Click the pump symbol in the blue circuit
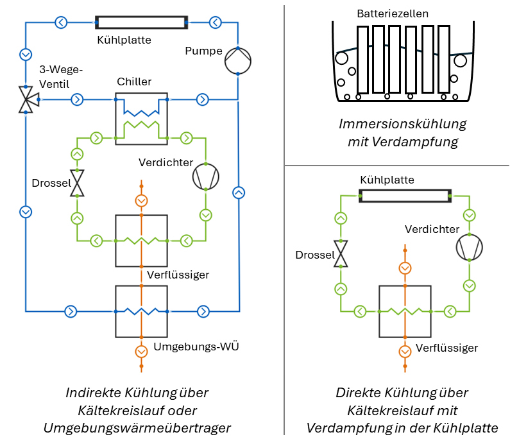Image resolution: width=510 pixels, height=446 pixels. [237, 62]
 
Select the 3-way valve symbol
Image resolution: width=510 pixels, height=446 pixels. [26, 99]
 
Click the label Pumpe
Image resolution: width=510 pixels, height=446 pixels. [203, 51]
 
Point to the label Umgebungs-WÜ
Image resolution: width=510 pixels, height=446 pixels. [192, 347]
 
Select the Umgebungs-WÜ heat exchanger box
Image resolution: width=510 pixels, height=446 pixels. [141, 311]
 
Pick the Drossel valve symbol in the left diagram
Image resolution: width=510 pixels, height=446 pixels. [77, 183]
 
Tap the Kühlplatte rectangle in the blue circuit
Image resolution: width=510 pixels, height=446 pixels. [141, 22]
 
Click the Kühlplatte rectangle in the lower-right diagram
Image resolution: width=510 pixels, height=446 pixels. [405, 196]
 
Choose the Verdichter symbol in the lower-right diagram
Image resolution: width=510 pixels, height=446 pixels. [469, 246]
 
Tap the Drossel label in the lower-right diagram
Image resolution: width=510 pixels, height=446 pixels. [315, 255]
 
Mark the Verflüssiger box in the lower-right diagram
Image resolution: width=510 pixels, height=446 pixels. [405, 311]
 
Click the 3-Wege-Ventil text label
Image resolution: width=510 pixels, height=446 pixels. [62, 76]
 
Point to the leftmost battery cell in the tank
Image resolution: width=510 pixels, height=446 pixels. [363, 60]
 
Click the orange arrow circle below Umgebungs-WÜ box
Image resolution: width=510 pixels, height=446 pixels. [141, 351]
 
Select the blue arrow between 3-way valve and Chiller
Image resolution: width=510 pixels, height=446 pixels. [77, 99]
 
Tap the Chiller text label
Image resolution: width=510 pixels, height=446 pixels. [134, 81]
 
